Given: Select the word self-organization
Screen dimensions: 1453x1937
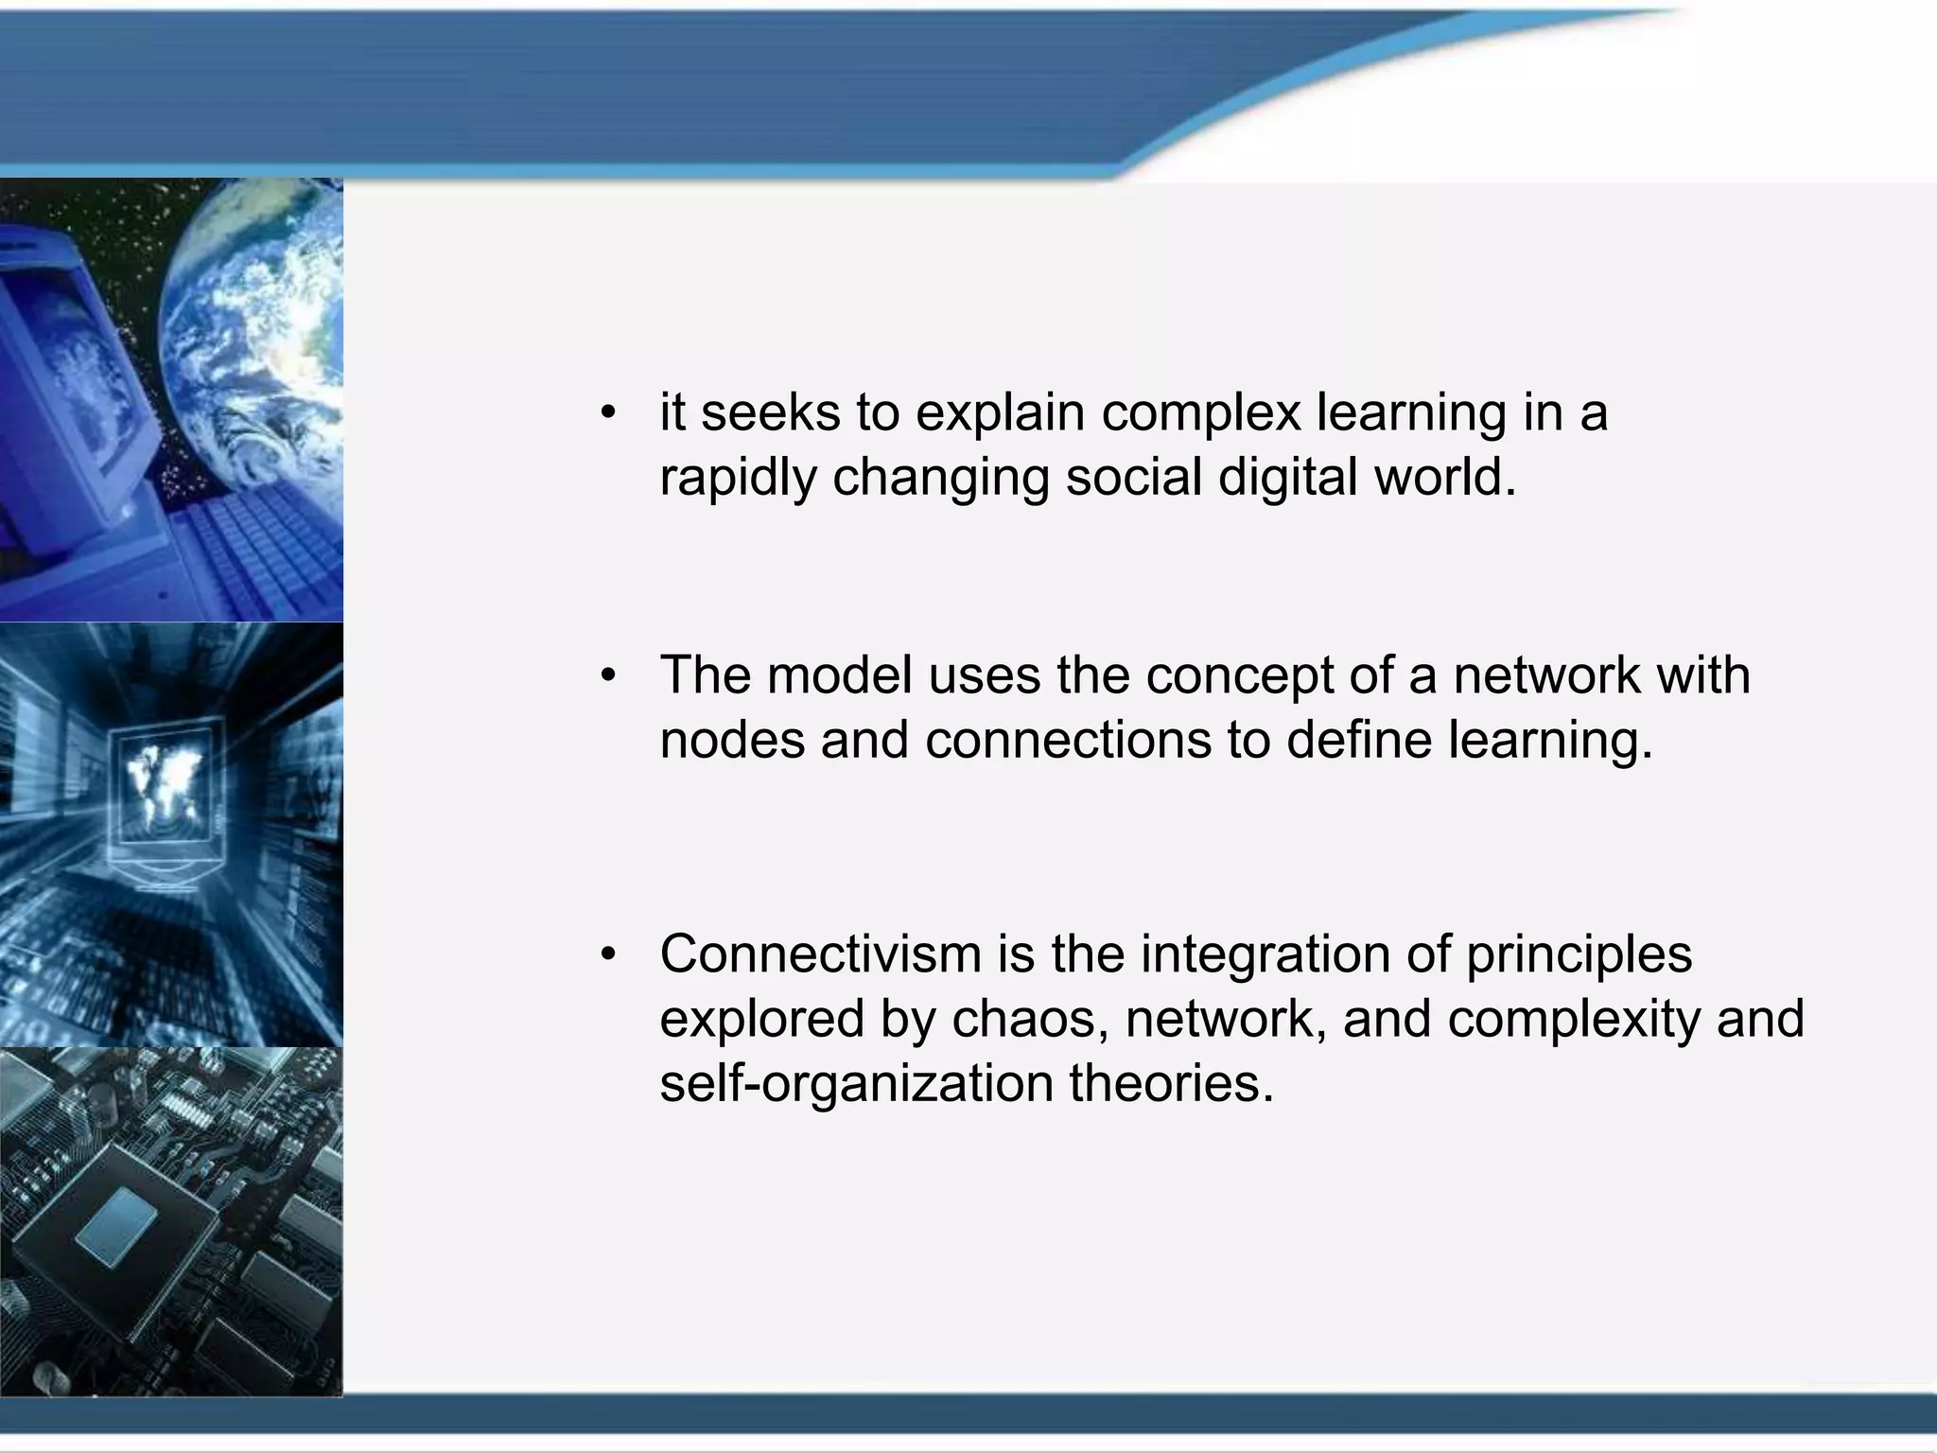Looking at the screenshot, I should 856,1083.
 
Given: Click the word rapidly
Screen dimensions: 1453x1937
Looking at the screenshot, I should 738,476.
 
